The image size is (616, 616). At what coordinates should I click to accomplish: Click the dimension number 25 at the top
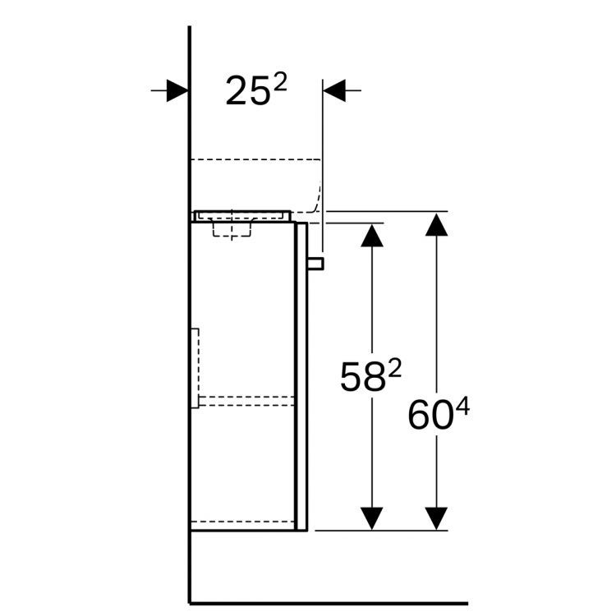click(x=247, y=93)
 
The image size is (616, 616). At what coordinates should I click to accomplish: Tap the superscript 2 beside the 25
click(x=280, y=83)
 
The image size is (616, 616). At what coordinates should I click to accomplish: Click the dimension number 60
click(x=428, y=416)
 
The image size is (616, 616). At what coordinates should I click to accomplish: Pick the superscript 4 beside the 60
click(x=462, y=406)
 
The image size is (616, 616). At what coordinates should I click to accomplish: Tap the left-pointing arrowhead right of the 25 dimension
click(x=336, y=90)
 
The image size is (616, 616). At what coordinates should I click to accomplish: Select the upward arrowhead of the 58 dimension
click(x=373, y=235)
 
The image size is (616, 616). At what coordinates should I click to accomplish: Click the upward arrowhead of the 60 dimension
click(x=437, y=223)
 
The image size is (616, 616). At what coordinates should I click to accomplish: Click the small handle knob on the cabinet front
click(x=316, y=263)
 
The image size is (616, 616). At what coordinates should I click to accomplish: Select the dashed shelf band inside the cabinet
click(x=244, y=401)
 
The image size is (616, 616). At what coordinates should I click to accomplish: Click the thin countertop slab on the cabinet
click(x=242, y=215)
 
